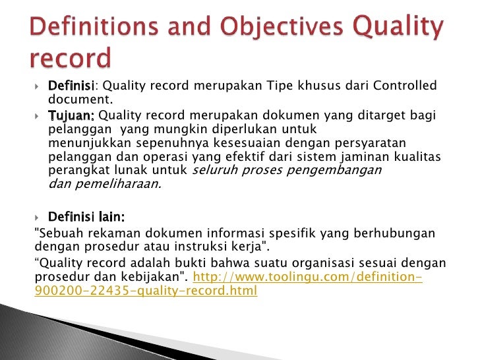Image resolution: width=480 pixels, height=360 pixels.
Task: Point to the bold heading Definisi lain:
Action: (x=87, y=217)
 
